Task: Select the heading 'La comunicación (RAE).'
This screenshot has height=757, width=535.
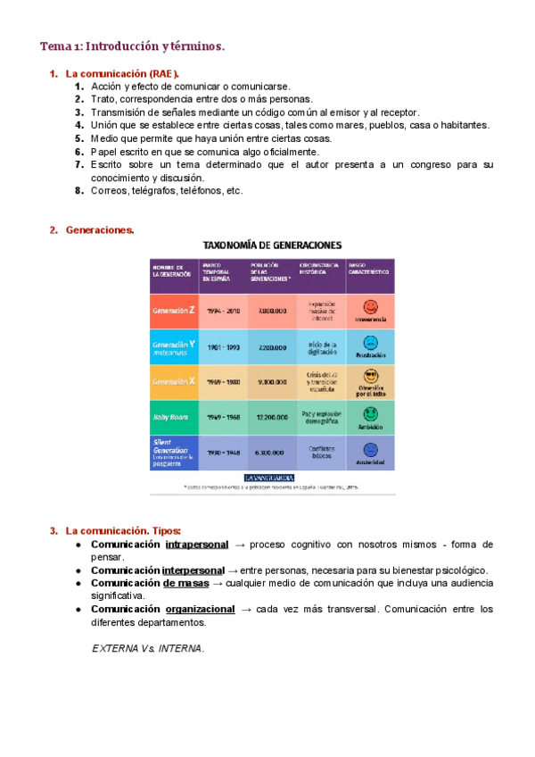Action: pyautogui.click(x=123, y=73)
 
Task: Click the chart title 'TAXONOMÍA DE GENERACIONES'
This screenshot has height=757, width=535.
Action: pyautogui.click(x=272, y=245)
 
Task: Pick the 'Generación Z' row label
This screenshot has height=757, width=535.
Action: pyautogui.click(x=174, y=311)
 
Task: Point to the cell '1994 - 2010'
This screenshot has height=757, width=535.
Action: pyautogui.click(x=224, y=311)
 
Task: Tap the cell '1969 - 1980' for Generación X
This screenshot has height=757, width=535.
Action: pyautogui.click(x=224, y=381)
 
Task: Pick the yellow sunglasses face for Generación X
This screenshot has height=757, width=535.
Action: pyautogui.click(x=370, y=375)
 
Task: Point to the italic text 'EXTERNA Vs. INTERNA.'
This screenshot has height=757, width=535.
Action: pyautogui.click(x=149, y=648)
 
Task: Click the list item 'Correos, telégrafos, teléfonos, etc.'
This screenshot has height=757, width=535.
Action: pyautogui.click(x=166, y=190)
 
